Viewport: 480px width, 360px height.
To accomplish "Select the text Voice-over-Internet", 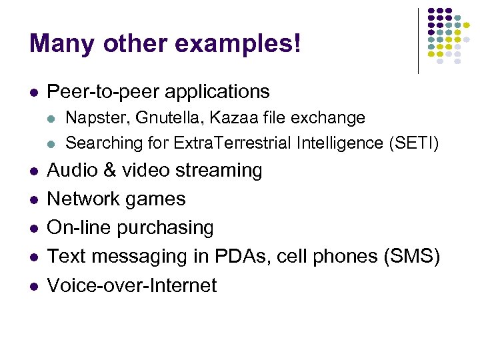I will [132, 285].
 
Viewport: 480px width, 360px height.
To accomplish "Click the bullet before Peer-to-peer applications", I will [34, 92].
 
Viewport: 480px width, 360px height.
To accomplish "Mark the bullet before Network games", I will [34, 199].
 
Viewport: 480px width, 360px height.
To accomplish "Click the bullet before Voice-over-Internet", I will [34, 286].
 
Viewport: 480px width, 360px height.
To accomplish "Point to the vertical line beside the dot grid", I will [418, 40].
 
